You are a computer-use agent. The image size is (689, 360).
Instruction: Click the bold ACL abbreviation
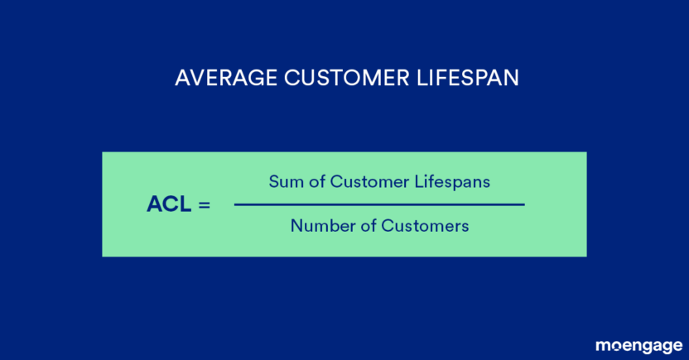click(x=167, y=204)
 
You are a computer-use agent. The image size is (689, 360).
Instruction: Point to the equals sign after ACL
click(x=204, y=204)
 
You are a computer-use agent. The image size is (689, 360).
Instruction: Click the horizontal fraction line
click(x=379, y=204)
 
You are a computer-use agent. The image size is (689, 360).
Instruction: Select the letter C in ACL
click(x=170, y=204)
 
